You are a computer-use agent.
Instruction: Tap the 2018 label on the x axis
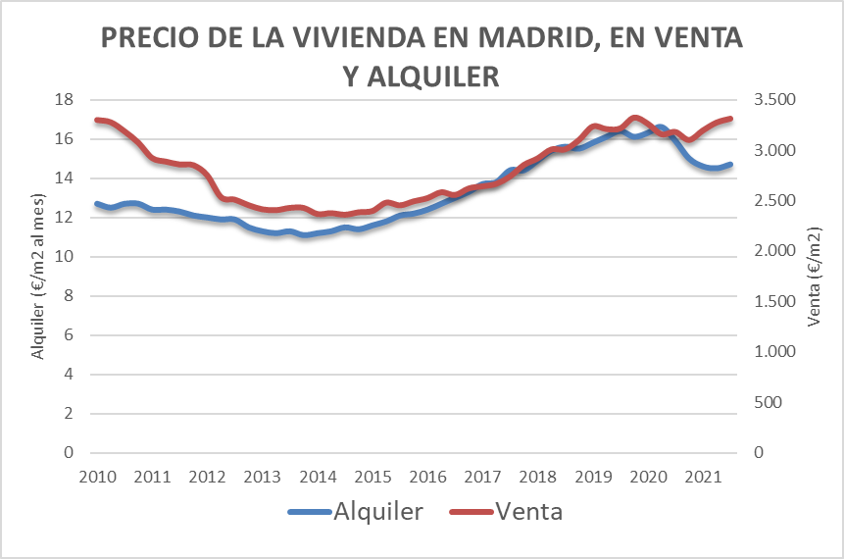(x=537, y=477)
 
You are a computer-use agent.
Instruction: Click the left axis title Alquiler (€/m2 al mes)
(x=39, y=277)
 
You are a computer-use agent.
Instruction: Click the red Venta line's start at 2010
(x=96, y=120)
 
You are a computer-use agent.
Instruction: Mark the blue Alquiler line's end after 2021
(x=730, y=165)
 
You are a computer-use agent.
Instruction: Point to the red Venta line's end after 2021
(x=730, y=119)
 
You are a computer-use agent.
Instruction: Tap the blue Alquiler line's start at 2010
(x=96, y=204)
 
